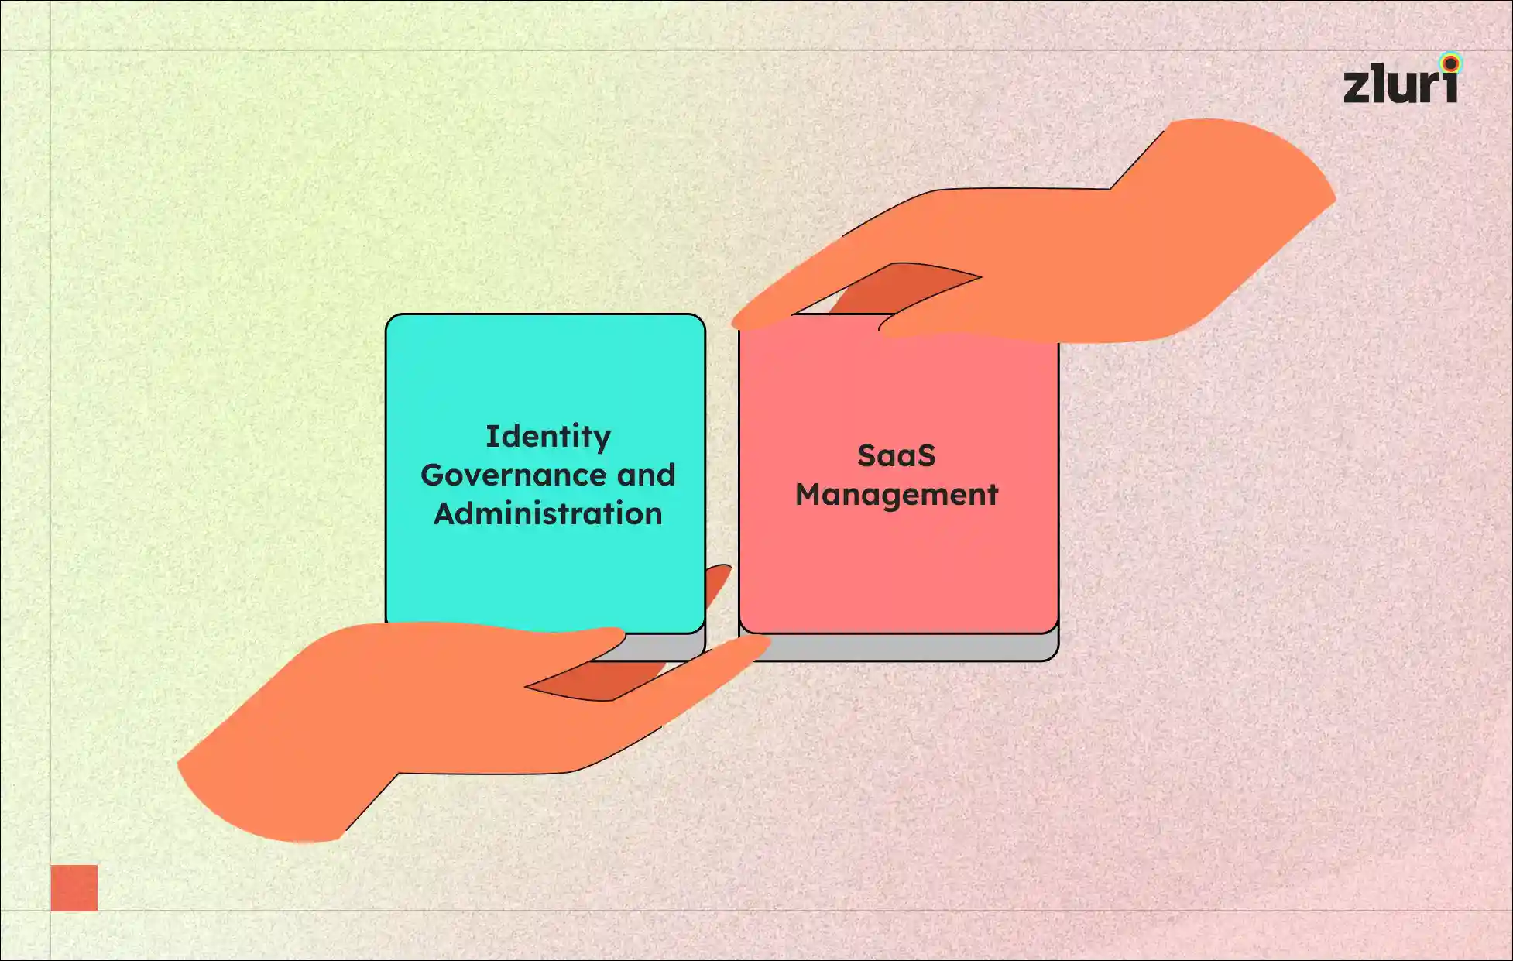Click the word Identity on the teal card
pyautogui.click(x=548, y=438)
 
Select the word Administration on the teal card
pyautogui.click(x=548, y=514)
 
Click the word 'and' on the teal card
pyautogui.click(x=647, y=475)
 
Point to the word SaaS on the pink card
pyautogui.click(x=897, y=456)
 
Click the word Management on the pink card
pyautogui.click(x=897, y=495)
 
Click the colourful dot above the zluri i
pyautogui.click(x=1450, y=63)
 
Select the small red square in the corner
pyautogui.click(x=74, y=888)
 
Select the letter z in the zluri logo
pyautogui.click(x=1357, y=86)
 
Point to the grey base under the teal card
pyautogui.click(x=666, y=647)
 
